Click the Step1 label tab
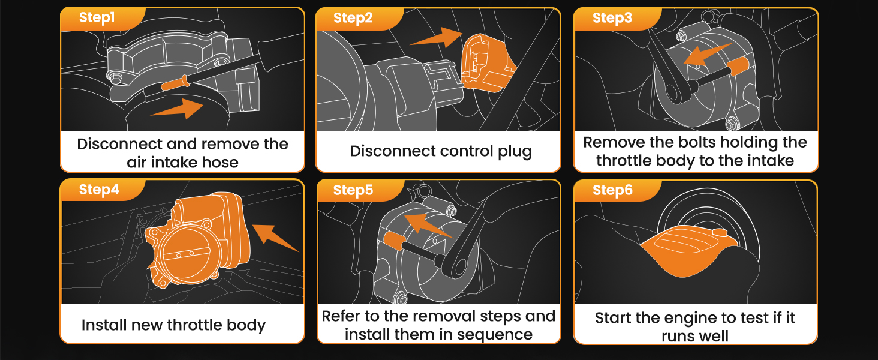click(x=97, y=18)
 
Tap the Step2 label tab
click(x=353, y=18)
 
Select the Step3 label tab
click(x=612, y=18)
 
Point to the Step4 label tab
click(x=99, y=190)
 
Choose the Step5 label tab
click(x=353, y=190)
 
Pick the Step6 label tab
click(x=612, y=190)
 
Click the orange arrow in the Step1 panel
click(x=177, y=109)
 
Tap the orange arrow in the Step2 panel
click(x=437, y=37)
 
